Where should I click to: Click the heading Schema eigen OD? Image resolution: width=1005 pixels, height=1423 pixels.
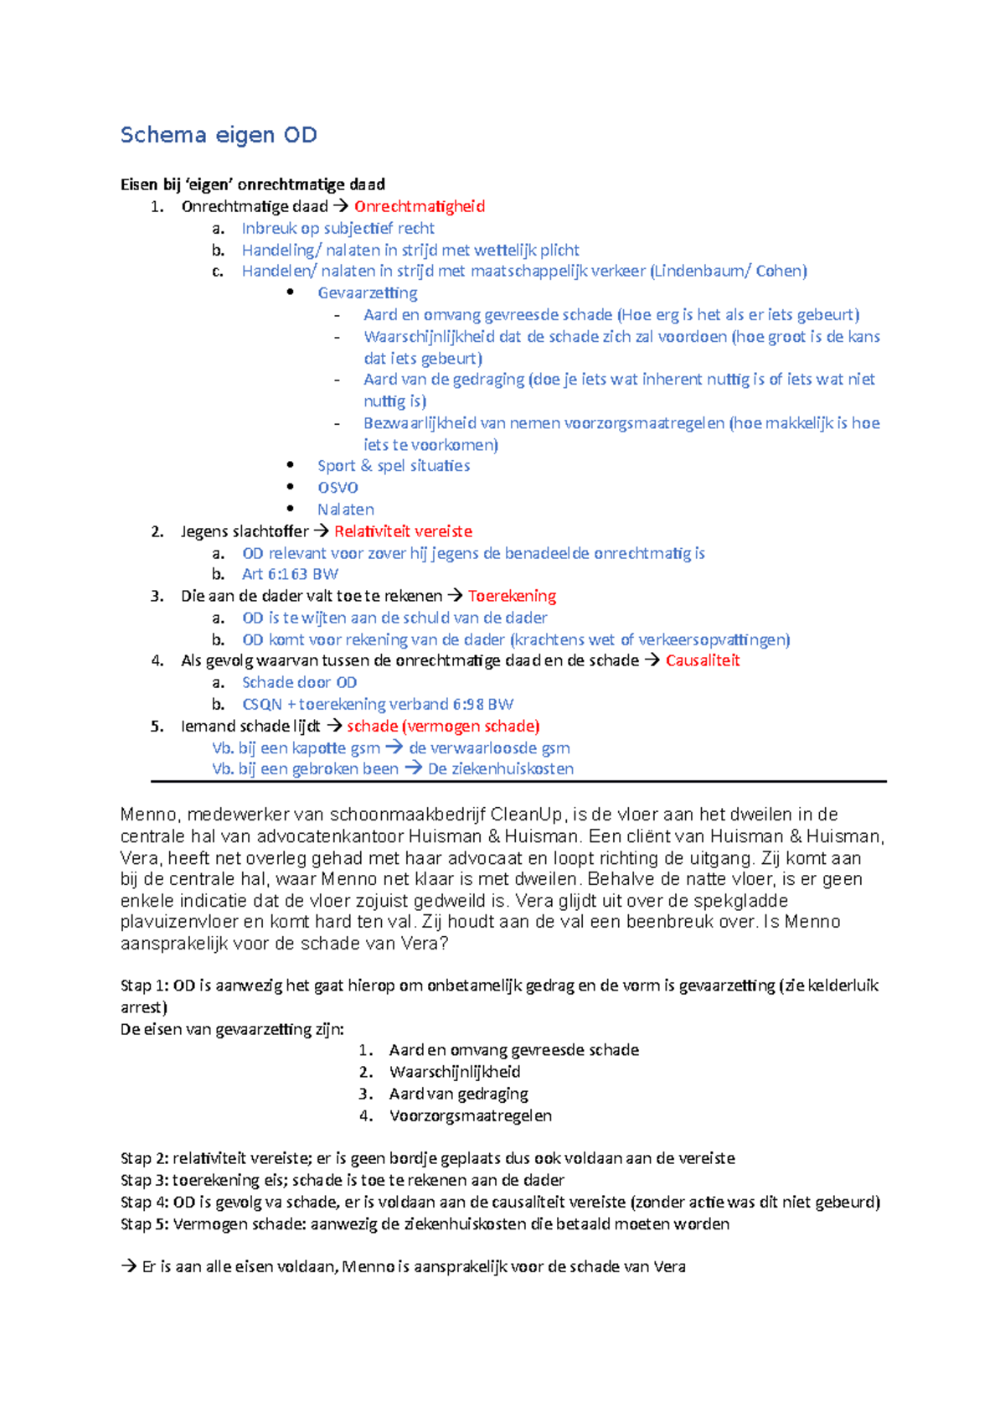coord(219,135)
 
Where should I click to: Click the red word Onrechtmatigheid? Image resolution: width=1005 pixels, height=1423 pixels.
coord(419,206)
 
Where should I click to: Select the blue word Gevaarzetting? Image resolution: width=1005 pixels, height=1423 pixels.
coord(367,292)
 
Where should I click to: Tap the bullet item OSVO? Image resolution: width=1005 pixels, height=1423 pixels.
coord(338,487)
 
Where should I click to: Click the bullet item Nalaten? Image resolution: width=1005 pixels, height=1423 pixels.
coord(345,509)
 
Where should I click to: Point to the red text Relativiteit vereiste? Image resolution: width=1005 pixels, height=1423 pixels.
coord(403,531)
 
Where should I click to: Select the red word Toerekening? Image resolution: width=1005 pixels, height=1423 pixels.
coord(512,596)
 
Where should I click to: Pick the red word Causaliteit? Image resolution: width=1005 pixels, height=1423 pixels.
coord(703,660)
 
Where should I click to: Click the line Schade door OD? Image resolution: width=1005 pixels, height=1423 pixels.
coord(299,682)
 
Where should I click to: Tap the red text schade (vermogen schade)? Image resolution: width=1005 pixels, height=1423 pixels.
coord(443,726)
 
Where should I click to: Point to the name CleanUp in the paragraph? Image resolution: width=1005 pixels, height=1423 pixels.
coord(527,815)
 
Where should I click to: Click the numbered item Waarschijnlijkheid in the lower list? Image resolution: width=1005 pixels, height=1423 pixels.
coord(454,1072)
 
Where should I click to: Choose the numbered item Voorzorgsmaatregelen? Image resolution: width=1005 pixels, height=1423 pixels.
coord(470,1115)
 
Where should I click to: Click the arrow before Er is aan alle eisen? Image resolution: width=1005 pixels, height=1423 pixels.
coord(129,1267)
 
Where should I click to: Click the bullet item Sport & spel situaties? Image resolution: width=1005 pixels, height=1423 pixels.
coord(393,465)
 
